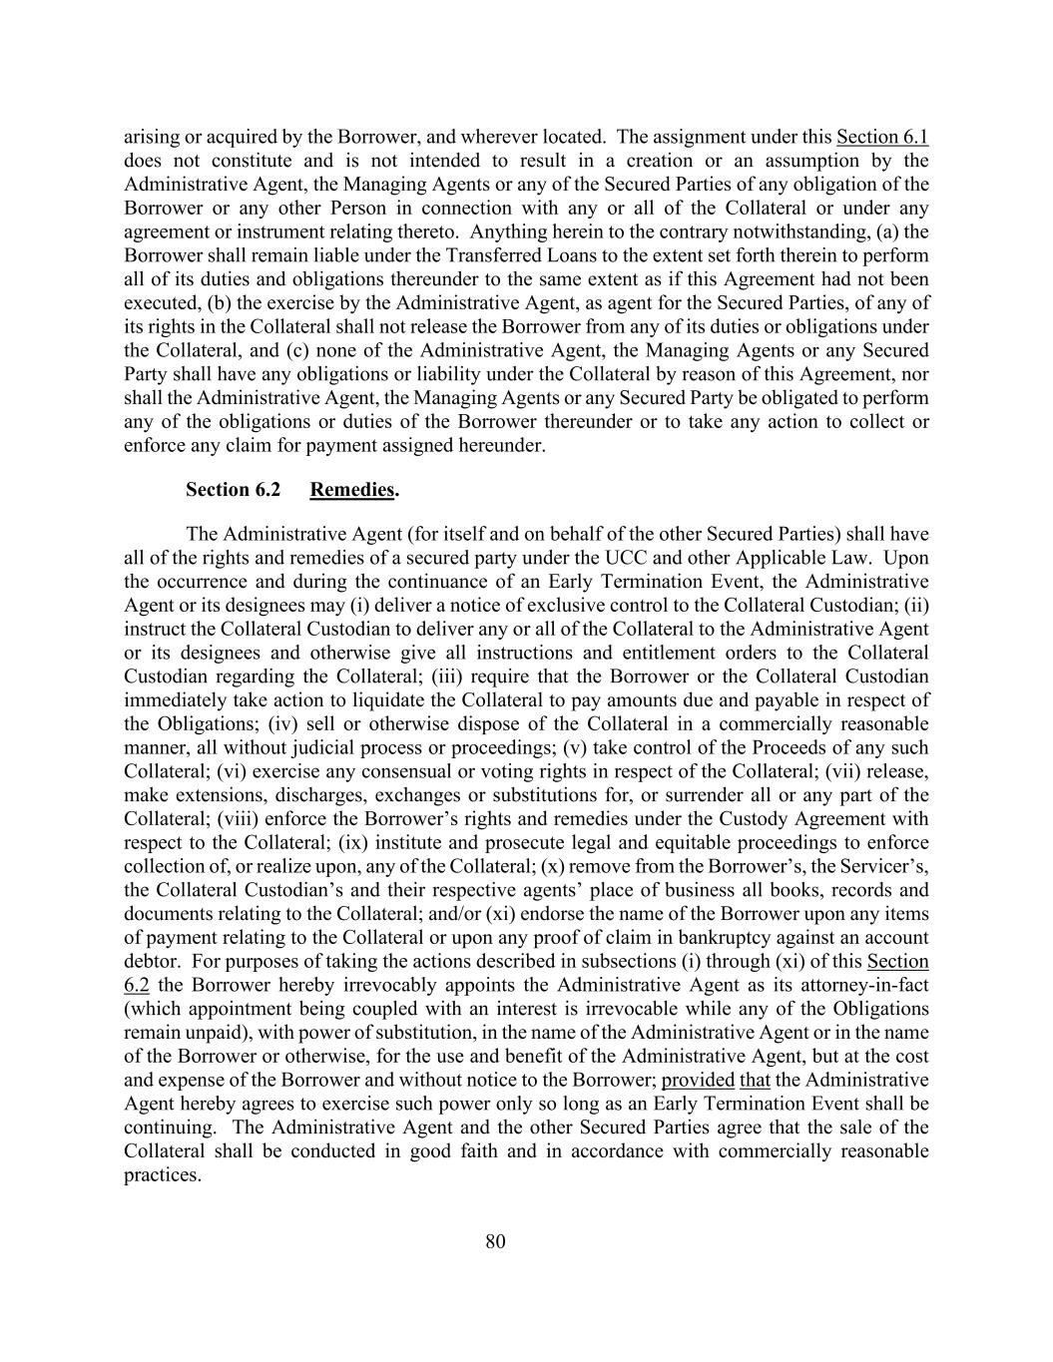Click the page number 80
495,1241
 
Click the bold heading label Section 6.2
233,489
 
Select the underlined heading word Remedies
352,489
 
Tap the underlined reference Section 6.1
882,137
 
